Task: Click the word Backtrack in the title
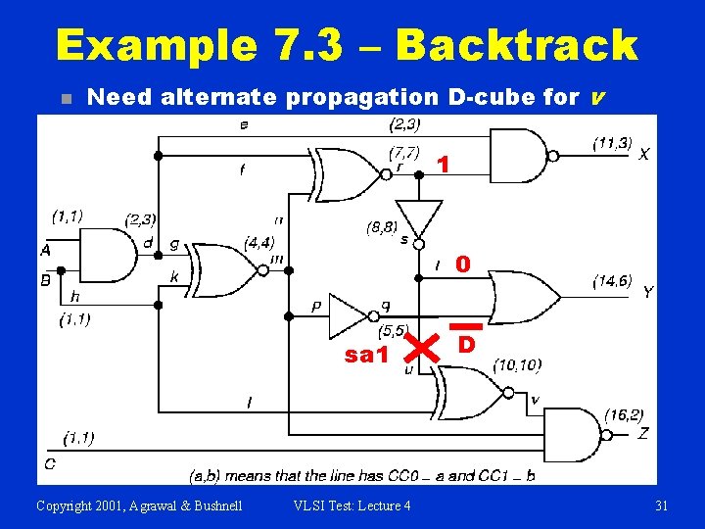(x=516, y=45)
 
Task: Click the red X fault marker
(x=419, y=344)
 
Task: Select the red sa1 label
(x=365, y=355)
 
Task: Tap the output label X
(x=643, y=155)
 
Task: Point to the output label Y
(x=648, y=293)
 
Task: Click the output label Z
(x=643, y=433)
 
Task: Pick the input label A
(x=45, y=251)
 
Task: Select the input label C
(x=49, y=462)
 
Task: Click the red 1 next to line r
(x=444, y=166)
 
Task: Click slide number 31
(x=661, y=505)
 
